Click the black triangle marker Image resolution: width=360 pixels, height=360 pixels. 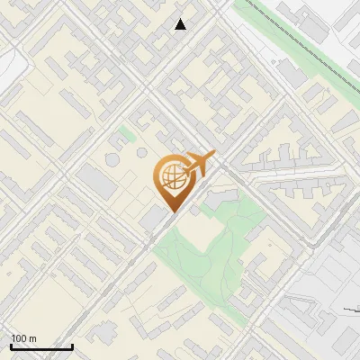pos(181,24)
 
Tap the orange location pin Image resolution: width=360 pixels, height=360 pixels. pos(173,180)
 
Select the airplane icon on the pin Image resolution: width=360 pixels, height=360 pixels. pos(200,163)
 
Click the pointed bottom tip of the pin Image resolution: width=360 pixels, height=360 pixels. pos(171,211)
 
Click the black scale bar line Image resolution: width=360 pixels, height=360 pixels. pos(41,346)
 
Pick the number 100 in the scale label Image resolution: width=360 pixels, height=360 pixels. pos(19,339)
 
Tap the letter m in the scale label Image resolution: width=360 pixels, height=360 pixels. pos(32,339)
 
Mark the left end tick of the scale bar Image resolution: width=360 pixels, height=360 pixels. pos(11,345)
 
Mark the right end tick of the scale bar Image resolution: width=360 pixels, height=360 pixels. pos(72,345)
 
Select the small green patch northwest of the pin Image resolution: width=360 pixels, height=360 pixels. pos(127,136)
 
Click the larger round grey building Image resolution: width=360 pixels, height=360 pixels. pos(112,159)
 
